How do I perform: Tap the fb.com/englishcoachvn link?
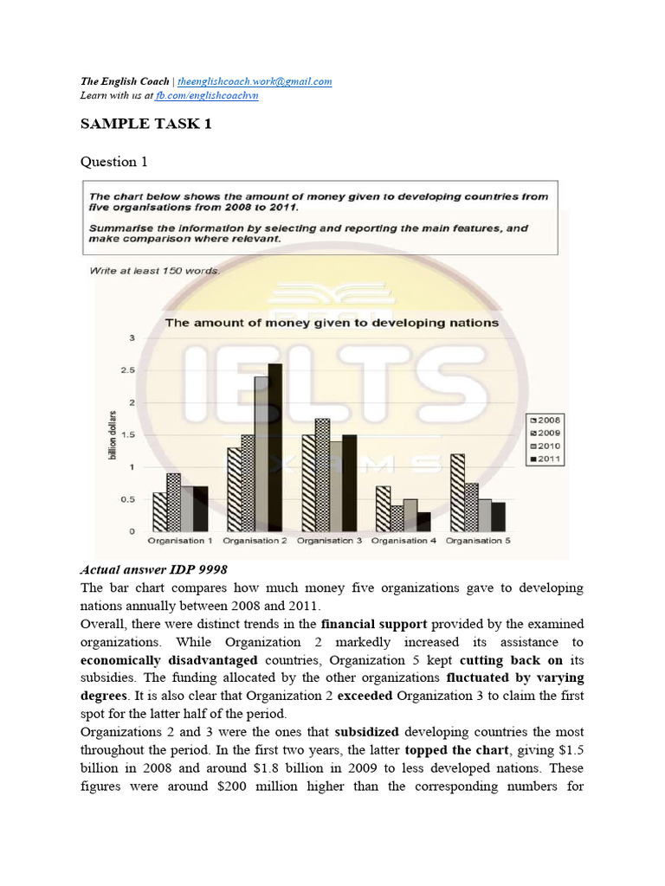pos(206,95)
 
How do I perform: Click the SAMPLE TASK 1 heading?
pos(145,124)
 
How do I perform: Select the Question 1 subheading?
pos(108,162)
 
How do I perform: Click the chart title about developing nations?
pos(332,323)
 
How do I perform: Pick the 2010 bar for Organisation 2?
pos(260,453)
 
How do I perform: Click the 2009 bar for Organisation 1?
pos(173,502)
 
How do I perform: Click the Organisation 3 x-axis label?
pos(329,541)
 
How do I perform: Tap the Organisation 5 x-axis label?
pos(478,541)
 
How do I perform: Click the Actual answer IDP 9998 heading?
pos(153,570)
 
